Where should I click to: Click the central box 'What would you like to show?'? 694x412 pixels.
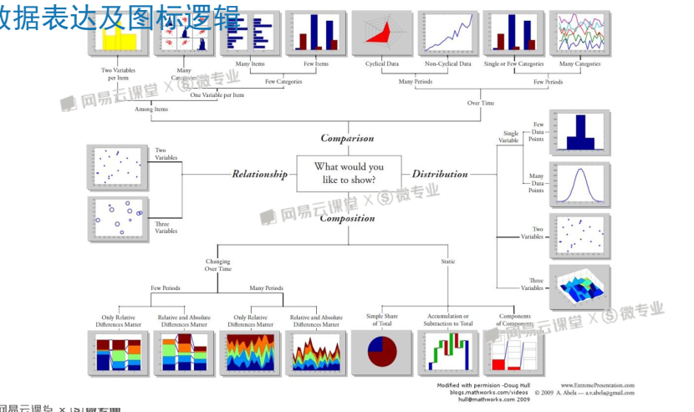(350, 173)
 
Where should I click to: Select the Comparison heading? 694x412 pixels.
(347, 139)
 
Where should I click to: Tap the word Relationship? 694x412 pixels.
(259, 175)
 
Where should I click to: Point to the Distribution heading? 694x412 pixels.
(440, 175)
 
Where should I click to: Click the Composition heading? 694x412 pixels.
(347, 219)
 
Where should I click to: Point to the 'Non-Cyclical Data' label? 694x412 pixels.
(447, 64)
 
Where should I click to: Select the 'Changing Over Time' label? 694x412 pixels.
(217, 265)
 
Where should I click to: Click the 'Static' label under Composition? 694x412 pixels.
(448, 262)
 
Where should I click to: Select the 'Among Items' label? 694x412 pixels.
(151, 109)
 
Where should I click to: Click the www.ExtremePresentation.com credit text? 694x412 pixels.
(597, 384)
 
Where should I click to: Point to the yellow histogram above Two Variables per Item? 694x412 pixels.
(118, 35)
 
